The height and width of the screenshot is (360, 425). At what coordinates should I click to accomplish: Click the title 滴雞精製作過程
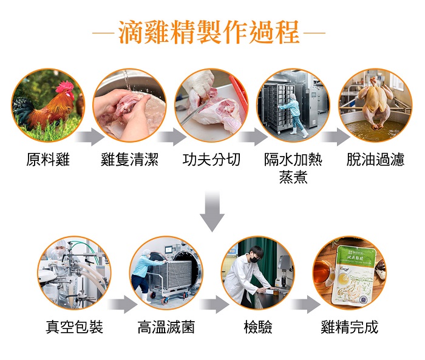point(209,32)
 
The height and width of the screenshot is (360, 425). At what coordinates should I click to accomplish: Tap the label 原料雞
point(48,159)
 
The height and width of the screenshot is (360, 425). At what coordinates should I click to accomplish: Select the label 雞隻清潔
point(129,159)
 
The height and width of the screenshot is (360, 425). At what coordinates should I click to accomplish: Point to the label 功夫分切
point(211,159)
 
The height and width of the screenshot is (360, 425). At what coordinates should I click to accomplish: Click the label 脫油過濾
point(375,159)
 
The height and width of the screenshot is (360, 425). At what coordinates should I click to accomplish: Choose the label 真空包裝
point(74,327)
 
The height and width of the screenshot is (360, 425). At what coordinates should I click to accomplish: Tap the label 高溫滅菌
point(166,327)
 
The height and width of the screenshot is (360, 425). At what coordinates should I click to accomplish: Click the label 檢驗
point(258,327)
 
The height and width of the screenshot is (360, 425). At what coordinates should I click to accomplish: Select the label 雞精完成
point(349,327)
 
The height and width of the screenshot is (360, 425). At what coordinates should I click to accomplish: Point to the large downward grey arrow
point(212,211)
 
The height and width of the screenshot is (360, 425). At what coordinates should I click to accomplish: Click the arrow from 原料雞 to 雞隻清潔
point(90,137)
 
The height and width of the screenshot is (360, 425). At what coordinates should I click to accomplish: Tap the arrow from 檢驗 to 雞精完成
point(306,304)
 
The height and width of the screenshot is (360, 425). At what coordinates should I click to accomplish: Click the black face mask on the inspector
point(254,259)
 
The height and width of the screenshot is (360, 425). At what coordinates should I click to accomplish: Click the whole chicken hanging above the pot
point(375,103)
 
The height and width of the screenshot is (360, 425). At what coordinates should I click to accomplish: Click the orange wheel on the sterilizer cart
point(165,299)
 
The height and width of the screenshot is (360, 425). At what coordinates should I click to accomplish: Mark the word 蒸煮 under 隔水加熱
point(293,177)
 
